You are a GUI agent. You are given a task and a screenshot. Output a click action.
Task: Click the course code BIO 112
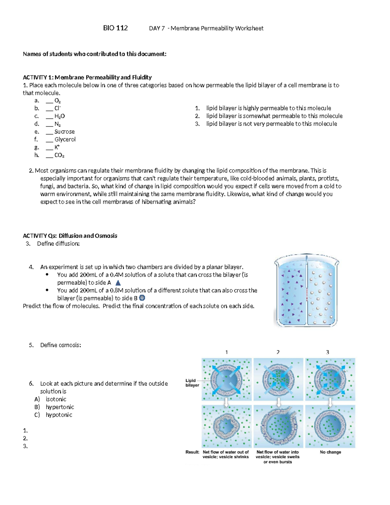click(115, 28)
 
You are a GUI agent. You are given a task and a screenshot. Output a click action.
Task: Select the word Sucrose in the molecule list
click(64, 132)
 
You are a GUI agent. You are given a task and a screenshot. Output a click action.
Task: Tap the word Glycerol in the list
click(65, 140)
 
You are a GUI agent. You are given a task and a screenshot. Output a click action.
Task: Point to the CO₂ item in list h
click(59, 155)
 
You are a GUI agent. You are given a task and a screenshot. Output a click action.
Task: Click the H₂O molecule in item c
click(59, 116)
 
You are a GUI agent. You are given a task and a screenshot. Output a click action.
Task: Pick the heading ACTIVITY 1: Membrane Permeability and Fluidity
click(87, 77)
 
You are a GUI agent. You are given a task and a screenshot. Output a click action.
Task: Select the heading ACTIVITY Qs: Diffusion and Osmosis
click(70, 236)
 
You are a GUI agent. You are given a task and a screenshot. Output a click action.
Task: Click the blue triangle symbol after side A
click(118, 283)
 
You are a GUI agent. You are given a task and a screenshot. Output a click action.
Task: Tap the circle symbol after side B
click(142, 298)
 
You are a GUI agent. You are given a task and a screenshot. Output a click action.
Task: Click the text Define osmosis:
click(60, 345)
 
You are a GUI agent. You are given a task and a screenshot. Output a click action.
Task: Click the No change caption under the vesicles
click(330, 452)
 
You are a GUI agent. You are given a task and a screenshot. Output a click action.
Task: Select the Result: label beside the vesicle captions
click(192, 452)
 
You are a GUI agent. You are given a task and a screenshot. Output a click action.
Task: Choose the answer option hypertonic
click(60, 407)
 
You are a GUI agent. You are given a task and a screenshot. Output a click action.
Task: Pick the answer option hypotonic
click(59, 415)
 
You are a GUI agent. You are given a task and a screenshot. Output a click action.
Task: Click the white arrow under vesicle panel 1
click(227, 403)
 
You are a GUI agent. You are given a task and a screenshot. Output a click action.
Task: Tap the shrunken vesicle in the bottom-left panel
click(227, 426)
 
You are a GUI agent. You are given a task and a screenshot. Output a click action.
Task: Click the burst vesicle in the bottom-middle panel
click(279, 426)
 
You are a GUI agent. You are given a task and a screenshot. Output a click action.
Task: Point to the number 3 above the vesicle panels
click(327, 352)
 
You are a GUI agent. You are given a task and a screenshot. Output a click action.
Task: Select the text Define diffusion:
click(58, 244)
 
